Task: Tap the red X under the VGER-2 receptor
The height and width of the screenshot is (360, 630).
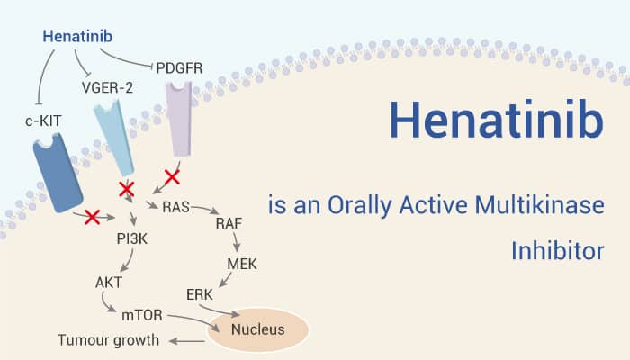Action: coord(127,189)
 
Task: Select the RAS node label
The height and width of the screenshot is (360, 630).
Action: coord(176,208)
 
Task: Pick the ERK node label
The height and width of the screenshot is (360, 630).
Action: coord(200,294)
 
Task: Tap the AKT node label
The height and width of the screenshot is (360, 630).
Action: coord(109,282)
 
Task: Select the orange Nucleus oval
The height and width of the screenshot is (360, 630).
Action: coord(259,329)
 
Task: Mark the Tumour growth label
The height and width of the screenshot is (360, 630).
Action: coord(108,340)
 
